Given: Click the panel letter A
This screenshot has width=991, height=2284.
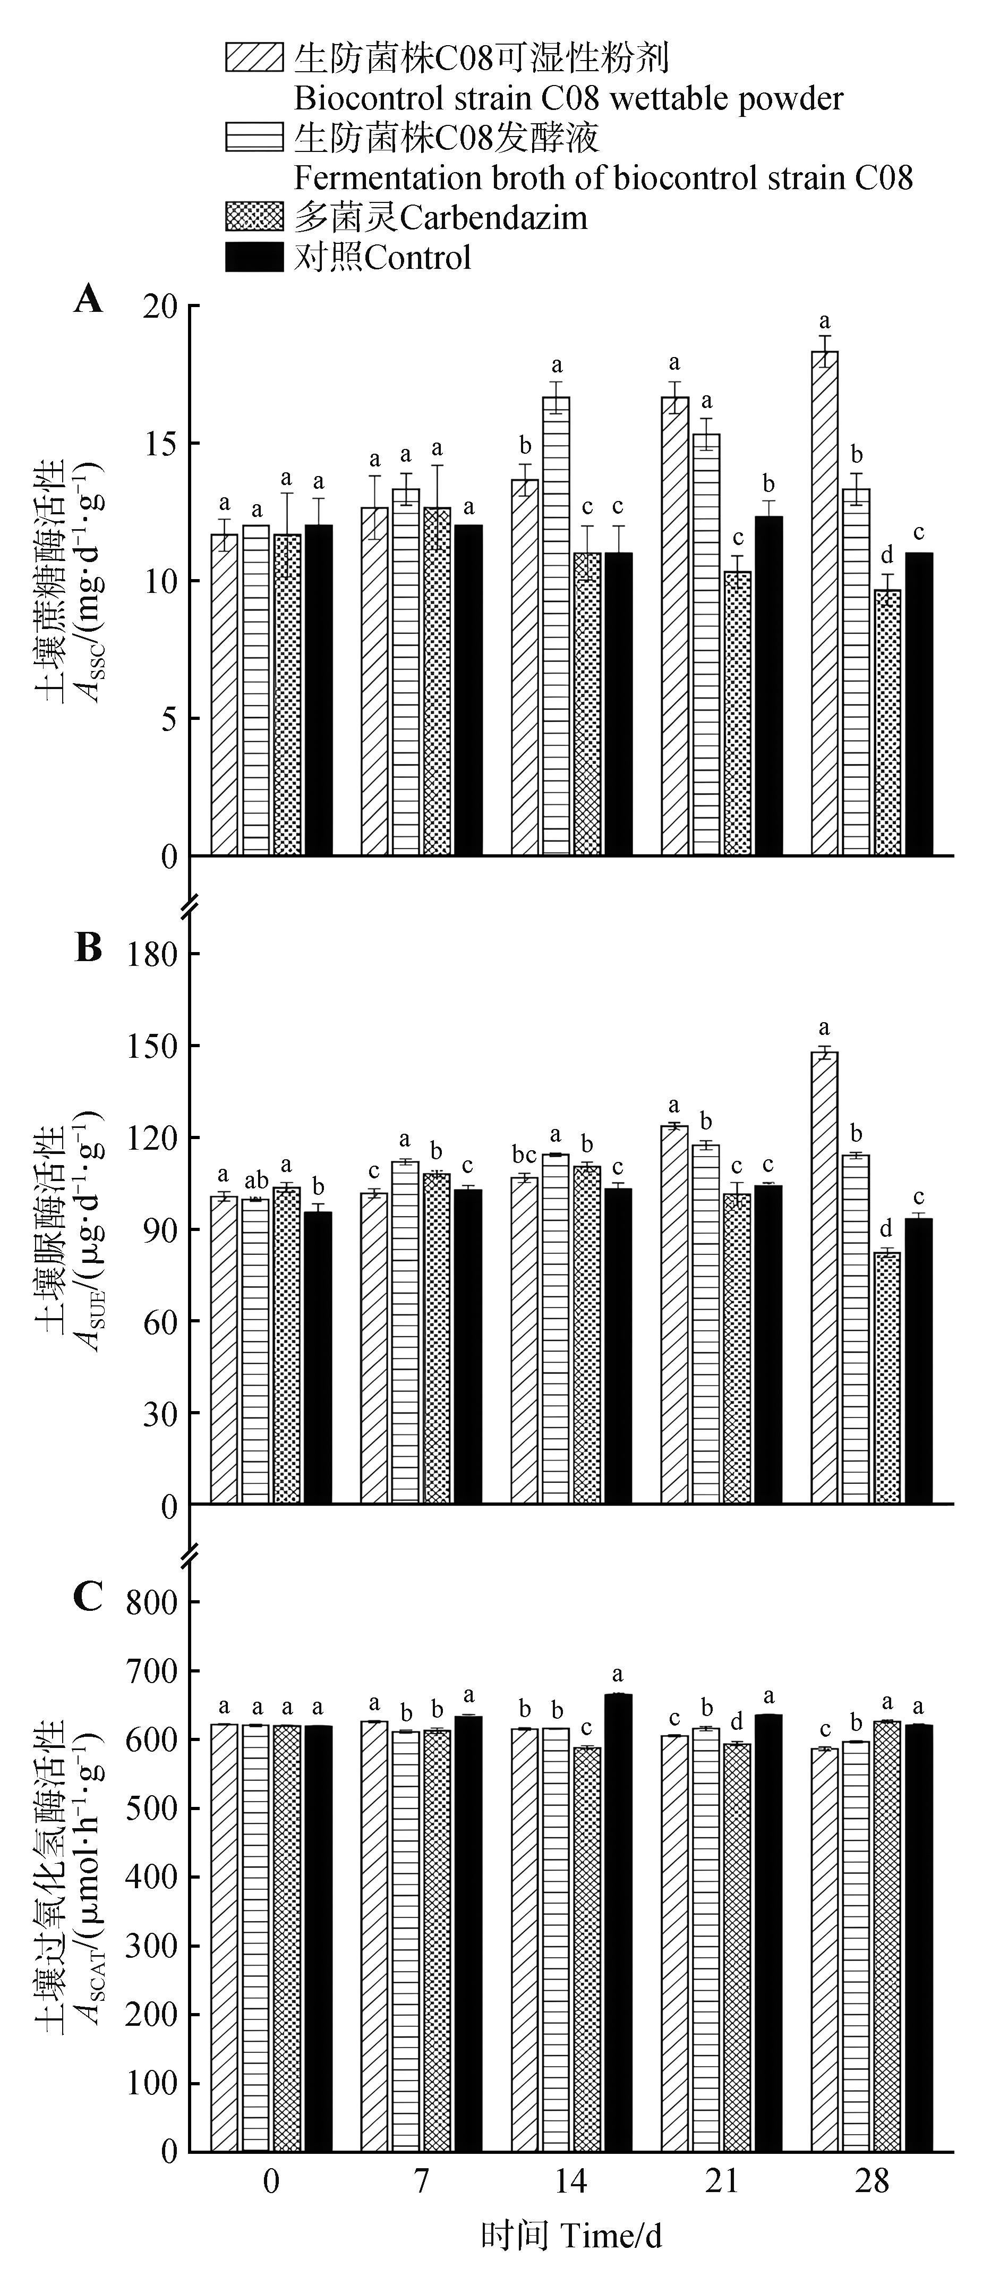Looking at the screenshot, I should (x=88, y=300).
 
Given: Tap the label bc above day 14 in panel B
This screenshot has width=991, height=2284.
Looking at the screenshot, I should (x=525, y=1156).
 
